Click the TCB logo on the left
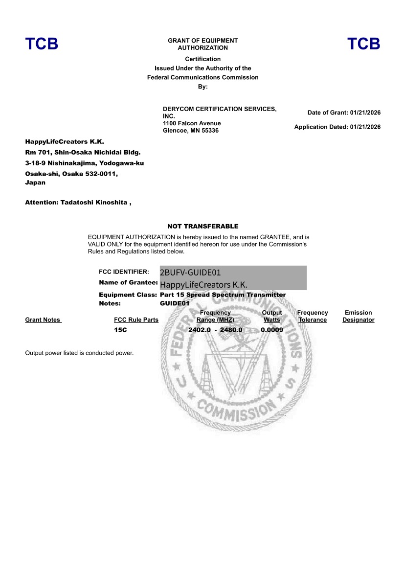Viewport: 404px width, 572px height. [42, 44]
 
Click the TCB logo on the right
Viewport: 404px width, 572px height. [363, 44]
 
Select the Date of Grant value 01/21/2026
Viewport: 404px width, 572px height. [365, 113]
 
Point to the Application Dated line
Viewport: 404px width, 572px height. [337, 127]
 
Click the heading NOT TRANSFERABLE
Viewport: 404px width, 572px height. [202, 227]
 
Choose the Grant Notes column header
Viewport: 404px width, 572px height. [43, 320]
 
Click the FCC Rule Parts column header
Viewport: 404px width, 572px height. [136, 320]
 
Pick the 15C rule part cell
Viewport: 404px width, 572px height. [120, 330]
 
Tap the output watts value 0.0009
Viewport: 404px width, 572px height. [272, 330]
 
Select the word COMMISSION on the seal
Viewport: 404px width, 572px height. [234, 410]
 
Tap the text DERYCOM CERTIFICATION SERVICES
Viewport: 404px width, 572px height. [219, 109]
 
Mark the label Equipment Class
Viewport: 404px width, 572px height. [128, 295]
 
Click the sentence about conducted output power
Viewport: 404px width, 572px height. [79, 353]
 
